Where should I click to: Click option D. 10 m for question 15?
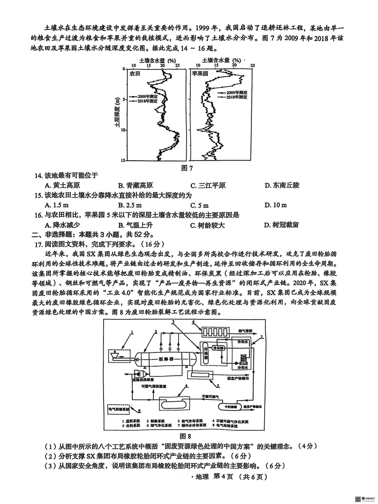[x=276, y=205]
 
